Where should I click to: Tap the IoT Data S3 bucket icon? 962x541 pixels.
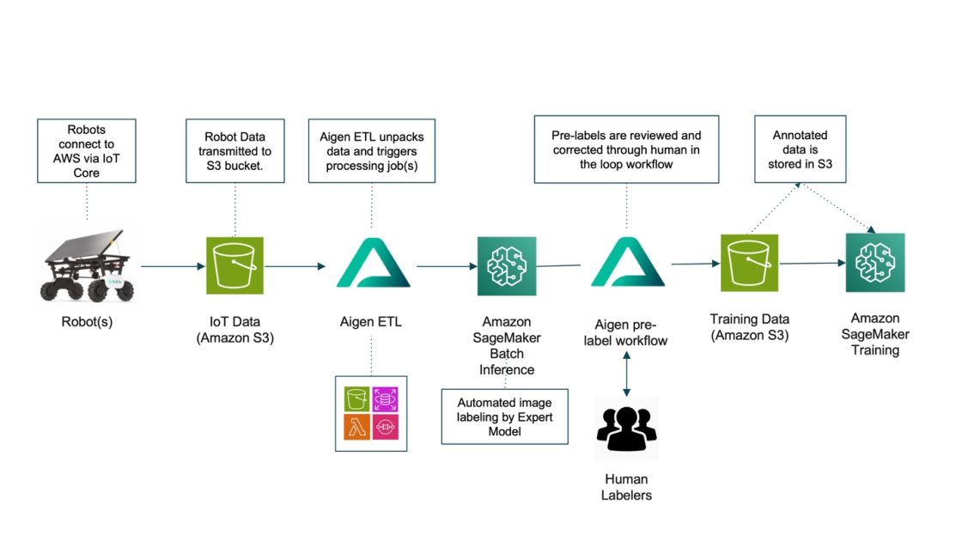coord(234,265)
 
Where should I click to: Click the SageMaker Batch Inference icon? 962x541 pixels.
coord(507,266)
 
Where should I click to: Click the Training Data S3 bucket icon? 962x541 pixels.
coord(749,263)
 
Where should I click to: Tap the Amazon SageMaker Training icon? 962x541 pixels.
coord(874,262)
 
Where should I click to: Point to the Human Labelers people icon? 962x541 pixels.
coord(625,429)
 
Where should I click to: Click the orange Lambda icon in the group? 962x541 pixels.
coord(356,427)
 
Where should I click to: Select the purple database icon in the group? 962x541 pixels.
coord(386,398)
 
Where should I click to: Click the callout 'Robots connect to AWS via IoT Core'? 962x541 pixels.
coord(88,151)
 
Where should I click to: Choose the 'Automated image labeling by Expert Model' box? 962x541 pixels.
coord(505,416)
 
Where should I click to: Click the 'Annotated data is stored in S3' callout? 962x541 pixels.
coord(800,151)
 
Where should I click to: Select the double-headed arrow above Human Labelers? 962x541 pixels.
coord(626,373)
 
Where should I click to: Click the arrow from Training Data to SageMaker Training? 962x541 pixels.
coord(812,264)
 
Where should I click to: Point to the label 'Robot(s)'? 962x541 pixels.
coord(86,322)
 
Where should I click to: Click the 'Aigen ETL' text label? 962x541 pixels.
coord(371,322)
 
